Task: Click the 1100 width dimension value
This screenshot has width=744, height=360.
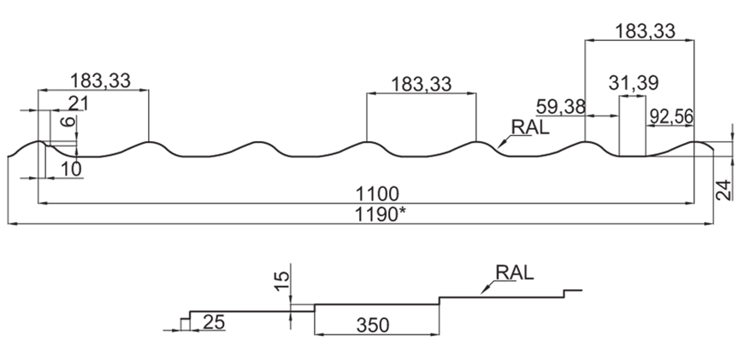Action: click(x=378, y=194)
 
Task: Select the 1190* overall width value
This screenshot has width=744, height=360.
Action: click(x=381, y=215)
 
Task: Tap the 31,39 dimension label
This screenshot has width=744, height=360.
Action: click(x=634, y=84)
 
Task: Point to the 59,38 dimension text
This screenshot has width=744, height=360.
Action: click(x=560, y=107)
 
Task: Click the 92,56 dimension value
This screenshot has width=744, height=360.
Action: click(x=671, y=116)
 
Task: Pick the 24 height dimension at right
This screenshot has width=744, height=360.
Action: click(x=724, y=190)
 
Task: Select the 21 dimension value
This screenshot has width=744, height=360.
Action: click(x=80, y=103)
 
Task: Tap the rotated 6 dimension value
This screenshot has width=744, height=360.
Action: click(x=68, y=121)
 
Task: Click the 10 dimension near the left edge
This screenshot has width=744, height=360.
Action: click(x=71, y=169)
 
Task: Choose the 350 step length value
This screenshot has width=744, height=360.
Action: click(x=373, y=326)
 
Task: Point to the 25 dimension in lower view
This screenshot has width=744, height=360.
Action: click(x=214, y=322)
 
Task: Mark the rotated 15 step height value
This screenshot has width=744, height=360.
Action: click(x=282, y=281)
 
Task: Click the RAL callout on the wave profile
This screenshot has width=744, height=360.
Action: click(x=529, y=127)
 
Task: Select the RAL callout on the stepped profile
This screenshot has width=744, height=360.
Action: click(x=514, y=273)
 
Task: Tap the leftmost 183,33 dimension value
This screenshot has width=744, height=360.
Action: click(x=100, y=80)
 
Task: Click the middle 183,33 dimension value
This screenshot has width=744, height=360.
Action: click(x=422, y=85)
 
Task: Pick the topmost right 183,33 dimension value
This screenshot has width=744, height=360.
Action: click(x=645, y=32)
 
